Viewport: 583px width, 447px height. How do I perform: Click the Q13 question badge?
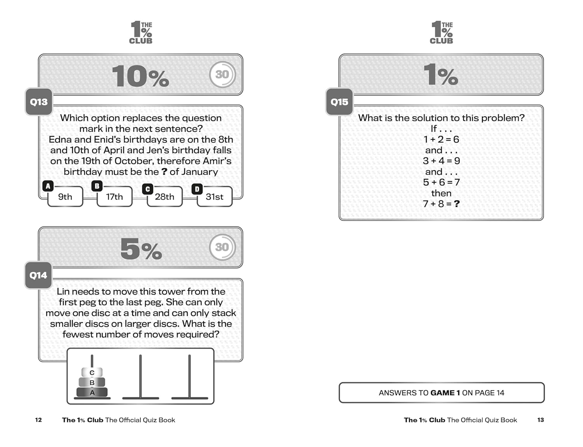coord(39,102)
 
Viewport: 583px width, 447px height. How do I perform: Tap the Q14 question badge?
coord(38,275)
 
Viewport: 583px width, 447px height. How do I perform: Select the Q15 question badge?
coord(339,102)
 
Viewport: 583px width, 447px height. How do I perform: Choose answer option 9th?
coord(65,197)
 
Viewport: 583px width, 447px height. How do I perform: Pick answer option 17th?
coord(114,197)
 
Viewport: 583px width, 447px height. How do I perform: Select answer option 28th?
coord(164,197)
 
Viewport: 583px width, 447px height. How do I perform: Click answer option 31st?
coord(214,197)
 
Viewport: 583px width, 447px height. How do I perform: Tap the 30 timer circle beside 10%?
coord(222,74)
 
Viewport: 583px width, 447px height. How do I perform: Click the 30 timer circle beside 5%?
coord(222,247)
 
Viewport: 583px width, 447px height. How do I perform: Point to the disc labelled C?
coord(92,372)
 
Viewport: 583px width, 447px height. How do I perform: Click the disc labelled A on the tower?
coord(92,392)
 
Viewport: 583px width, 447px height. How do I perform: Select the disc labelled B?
coord(92,382)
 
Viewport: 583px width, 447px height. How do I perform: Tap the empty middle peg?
coord(140,377)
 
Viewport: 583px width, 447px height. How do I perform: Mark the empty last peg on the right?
coord(190,377)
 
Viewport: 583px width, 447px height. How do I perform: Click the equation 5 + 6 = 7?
coord(441,182)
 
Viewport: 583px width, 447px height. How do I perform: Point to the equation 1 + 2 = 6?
coord(441,139)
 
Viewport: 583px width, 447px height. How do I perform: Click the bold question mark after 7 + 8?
coord(457,204)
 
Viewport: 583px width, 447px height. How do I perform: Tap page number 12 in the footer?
coord(38,420)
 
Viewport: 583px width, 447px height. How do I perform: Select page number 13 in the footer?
coord(541,420)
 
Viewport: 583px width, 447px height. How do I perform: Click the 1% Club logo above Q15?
coord(442,33)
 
